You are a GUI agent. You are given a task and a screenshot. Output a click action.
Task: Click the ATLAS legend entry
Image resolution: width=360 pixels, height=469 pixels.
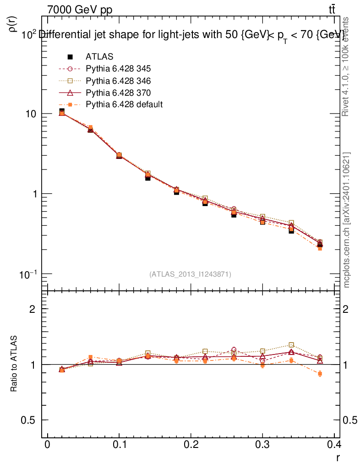coord(99,57)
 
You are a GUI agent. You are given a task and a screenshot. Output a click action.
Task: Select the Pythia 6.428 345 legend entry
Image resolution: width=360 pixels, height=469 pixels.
coord(118,69)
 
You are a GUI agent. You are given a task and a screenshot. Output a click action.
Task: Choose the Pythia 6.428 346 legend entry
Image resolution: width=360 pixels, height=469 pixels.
coord(118,81)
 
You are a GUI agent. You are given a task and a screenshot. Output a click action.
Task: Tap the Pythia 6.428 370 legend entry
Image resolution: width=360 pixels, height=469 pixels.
coord(118,93)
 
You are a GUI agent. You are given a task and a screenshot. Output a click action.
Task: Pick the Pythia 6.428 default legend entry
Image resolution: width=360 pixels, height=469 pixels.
coord(124,104)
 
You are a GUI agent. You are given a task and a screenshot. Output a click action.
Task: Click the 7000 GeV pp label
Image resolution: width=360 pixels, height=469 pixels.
coord(80,10)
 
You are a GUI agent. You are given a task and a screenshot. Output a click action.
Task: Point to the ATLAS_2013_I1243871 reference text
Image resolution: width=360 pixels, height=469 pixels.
coord(190,274)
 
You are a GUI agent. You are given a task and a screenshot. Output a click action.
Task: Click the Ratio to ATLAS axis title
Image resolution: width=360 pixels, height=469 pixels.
coord(14,364)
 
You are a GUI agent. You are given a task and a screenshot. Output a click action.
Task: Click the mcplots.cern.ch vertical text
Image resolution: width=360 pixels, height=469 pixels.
coord(347,220)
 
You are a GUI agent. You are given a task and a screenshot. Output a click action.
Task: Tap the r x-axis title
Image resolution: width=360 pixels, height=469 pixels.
coord(338,457)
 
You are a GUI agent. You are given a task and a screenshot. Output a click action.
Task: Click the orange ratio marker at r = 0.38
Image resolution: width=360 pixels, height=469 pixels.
coord(320,374)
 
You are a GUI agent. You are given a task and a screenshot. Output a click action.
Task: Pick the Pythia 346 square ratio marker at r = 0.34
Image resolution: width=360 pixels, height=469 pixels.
coord(291,345)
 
